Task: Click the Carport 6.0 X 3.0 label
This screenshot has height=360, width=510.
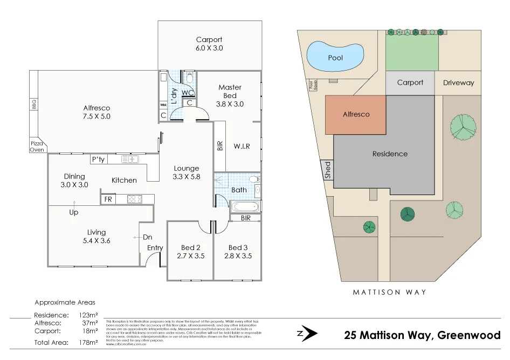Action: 209,44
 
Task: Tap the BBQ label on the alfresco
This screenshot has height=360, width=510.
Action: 34,105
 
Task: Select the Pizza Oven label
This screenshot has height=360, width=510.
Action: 37,146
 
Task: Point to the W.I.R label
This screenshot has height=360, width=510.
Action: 242,146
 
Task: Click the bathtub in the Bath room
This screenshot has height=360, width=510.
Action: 245,207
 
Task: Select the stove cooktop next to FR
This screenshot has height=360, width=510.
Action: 134,199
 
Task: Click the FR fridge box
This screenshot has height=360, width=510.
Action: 108,199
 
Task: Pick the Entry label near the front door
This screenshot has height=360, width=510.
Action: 155,248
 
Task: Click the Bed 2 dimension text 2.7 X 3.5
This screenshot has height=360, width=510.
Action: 191,256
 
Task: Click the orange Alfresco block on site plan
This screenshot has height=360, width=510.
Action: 356,115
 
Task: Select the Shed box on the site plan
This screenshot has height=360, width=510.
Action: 327,170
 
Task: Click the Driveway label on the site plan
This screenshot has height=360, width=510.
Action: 458,83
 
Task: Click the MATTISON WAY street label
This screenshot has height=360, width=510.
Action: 389,292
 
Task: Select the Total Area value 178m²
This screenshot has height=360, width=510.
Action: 88,342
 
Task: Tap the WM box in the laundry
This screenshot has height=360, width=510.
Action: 163,105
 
